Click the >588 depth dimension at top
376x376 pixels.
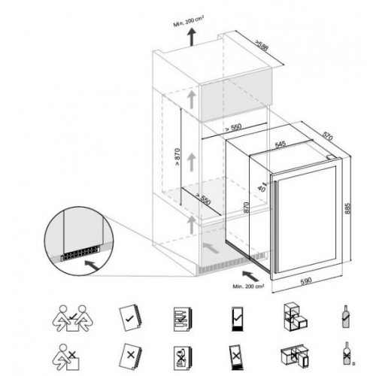[x=262, y=45]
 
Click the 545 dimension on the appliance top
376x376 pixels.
[x=280, y=144]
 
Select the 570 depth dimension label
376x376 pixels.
[x=327, y=136]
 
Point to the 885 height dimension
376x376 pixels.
[x=347, y=208]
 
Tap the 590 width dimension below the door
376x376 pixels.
[x=306, y=280]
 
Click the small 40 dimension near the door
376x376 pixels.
[x=262, y=186]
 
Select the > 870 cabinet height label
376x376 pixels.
[x=177, y=157]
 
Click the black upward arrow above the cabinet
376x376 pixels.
[x=192, y=37]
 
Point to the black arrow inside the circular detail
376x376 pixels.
[x=91, y=265]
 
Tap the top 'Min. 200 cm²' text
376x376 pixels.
[x=189, y=21]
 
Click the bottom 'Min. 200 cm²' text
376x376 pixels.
[x=248, y=286]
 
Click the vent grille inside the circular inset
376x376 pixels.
[x=80, y=253]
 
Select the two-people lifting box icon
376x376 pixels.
[x=72, y=318]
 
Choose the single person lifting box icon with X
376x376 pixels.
[x=65, y=357]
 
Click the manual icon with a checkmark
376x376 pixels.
[x=130, y=318]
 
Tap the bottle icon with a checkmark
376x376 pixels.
[x=346, y=317]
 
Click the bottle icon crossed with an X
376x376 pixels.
[x=347, y=353]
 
